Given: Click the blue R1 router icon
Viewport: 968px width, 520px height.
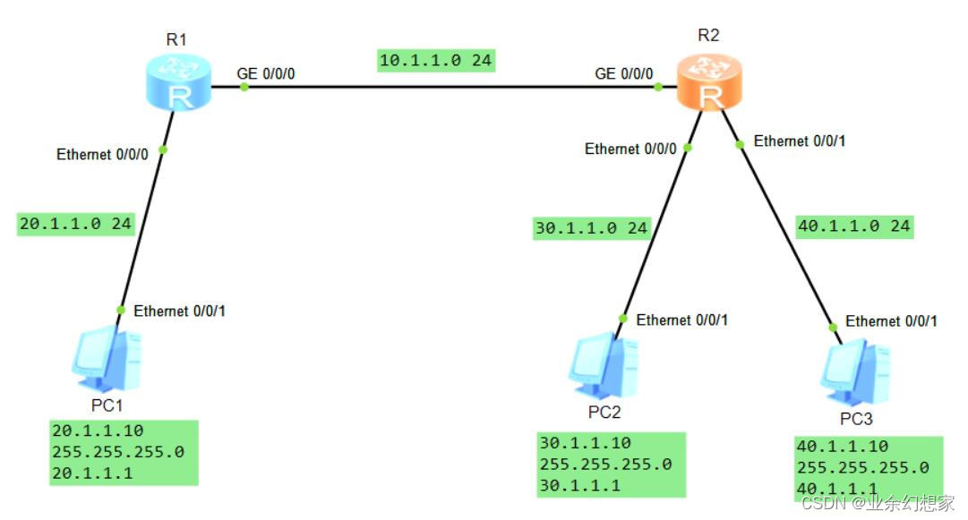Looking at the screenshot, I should (x=179, y=83).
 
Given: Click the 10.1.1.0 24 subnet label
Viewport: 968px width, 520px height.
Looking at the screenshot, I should (x=437, y=61).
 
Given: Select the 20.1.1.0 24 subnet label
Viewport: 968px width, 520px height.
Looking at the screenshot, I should (x=76, y=224).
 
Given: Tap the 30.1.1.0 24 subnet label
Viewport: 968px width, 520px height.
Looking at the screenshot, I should (x=590, y=228).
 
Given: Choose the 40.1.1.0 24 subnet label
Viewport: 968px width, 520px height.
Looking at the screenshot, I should (x=854, y=226).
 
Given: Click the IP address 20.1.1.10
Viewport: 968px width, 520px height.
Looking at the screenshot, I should (x=92, y=430).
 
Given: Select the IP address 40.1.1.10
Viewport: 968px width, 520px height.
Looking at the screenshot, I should (x=841, y=446).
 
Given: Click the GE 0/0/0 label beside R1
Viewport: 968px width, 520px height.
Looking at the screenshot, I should (x=266, y=72).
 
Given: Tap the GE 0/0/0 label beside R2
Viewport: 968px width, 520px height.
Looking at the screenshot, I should (x=624, y=73).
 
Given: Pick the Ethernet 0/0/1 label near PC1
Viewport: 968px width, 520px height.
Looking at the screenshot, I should (x=179, y=311).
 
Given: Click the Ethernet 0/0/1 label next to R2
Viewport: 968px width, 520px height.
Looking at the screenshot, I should (x=800, y=141).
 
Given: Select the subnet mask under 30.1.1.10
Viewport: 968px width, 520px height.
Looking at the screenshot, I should (x=605, y=465).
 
